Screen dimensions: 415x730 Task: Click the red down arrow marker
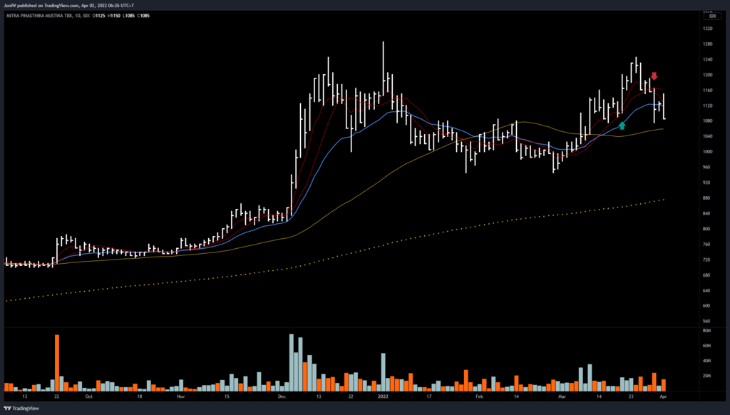pyautogui.click(x=654, y=76)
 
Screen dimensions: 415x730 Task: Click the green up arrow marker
pyautogui.click(x=622, y=125)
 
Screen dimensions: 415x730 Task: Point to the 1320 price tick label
pyautogui.click(x=708, y=29)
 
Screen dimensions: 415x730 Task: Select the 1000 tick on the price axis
pyautogui.click(x=708, y=152)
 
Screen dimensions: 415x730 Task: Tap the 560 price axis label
pyautogui.click(x=707, y=321)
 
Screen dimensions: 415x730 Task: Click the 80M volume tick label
pyautogui.click(x=707, y=331)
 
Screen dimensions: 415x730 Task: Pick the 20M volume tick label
pyautogui.click(x=707, y=376)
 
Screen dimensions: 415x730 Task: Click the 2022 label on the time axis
pyautogui.click(x=383, y=395)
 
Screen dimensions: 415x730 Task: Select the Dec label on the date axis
pyautogui.click(x=282, y=395)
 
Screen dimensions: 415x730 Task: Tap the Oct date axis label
pyautogui.click(x=88, y=395)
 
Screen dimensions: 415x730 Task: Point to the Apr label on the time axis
pyautogui.click(x=664, y=395)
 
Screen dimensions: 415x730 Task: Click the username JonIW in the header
pyautogui.click(x=11, y=4)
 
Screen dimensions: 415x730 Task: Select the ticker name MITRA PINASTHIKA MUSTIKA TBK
pyautogui.click(x=46, y=14)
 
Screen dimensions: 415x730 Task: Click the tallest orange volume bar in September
pyautogui.click(x=57, y=362)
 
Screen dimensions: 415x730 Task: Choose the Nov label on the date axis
pyautogui.click(x=180, y=395)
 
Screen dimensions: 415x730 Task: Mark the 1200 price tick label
pyautogui.click(x=708, y=75)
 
